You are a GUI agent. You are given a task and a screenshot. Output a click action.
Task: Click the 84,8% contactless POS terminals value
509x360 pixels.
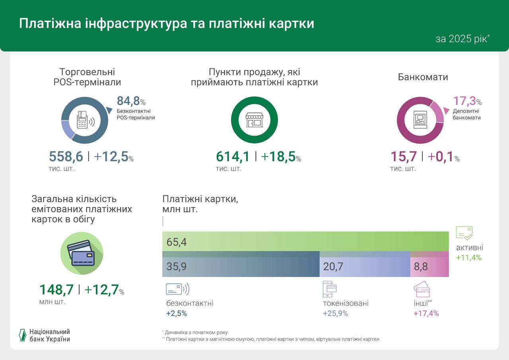(x=131, y=101)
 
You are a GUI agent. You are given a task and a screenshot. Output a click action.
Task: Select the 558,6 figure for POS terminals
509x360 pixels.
(x=66, y=157)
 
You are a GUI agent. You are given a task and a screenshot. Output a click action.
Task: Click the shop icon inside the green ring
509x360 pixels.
(x=254, y=120)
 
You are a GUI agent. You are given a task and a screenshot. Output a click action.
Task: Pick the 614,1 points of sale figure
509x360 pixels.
(x=233, y=157)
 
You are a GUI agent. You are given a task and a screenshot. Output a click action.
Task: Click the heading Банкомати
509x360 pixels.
(x=423, y=77)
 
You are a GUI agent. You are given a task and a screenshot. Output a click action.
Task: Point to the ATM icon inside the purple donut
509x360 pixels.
(x=420, y=120)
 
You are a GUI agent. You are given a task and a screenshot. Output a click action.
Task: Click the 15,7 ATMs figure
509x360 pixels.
(x=403, y=157)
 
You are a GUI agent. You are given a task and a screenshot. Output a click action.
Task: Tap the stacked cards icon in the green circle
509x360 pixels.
(x=82, y=253)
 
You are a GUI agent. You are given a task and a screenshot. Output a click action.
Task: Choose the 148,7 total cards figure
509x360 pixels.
(x=56, y=290)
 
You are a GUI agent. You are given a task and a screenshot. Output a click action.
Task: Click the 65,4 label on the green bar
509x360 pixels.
(x=177, y=242)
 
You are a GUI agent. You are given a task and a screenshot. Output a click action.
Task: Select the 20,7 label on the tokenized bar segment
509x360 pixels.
(x=333, y=267)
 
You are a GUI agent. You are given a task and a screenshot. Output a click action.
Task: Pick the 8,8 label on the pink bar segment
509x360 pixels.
(x=421, y=267)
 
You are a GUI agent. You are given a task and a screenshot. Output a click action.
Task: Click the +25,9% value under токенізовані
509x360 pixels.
(x=335, y=313)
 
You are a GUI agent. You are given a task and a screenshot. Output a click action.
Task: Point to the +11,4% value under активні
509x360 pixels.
(x=468, y=258)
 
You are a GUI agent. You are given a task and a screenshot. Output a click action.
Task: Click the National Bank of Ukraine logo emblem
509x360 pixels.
(x=22, y=335)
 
